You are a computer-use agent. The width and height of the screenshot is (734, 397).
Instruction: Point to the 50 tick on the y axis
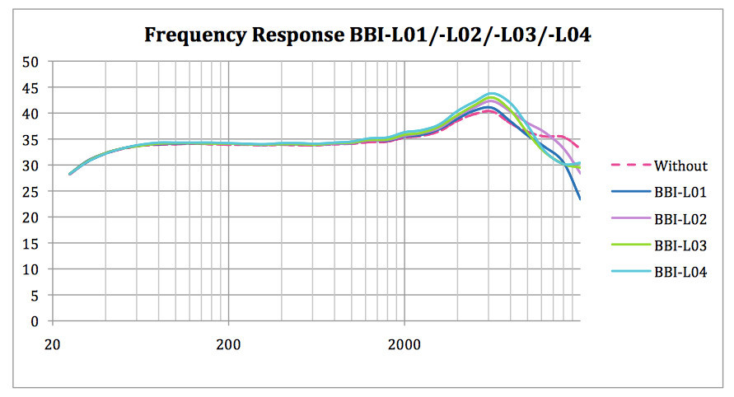tap(31, 61)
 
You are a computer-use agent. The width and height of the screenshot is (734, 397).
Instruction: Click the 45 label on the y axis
tap(31, 87)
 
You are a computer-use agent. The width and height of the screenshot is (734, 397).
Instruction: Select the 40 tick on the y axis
tap(31, 113)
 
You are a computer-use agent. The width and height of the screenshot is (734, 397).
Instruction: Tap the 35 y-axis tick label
tap(31, 139)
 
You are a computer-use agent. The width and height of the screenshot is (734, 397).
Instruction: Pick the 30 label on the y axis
tap(31, 166)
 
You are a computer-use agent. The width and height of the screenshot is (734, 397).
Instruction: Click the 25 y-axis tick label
tap(31, 191)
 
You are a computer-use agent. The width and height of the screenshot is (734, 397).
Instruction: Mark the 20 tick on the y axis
tap(31, 217)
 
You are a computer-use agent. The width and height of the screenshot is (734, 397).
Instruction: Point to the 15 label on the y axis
tap(31, 244)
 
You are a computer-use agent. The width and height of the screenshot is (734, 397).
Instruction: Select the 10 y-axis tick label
tap(31, 269)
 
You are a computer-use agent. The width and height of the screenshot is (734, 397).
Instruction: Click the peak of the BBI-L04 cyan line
tap(493, 94)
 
